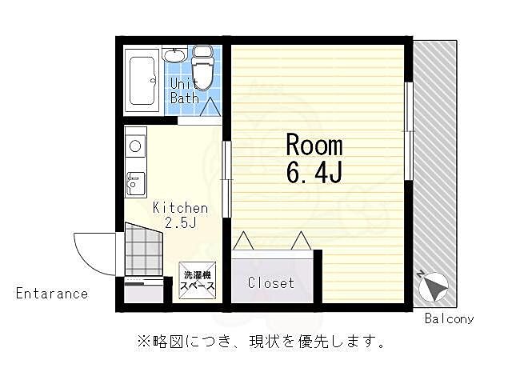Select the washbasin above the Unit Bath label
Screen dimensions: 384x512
175,55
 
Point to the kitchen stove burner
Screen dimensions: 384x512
135,146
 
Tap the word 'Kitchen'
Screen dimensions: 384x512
181,208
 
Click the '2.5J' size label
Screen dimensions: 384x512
181,223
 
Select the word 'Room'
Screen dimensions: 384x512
314,146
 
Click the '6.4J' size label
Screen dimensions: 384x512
314,171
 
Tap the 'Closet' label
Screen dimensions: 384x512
270,283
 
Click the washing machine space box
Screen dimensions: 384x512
197,280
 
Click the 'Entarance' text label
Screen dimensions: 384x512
52,294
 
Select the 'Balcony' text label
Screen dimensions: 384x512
449,318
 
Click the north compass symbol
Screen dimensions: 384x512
434,287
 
